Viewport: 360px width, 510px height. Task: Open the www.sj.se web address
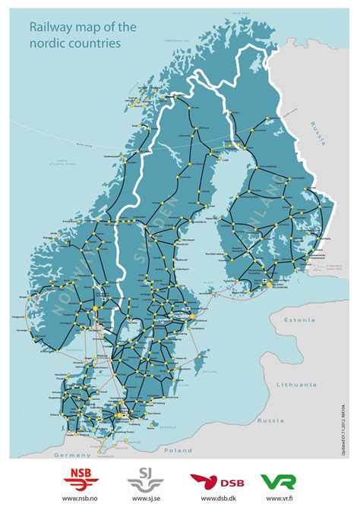coord(143,499)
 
